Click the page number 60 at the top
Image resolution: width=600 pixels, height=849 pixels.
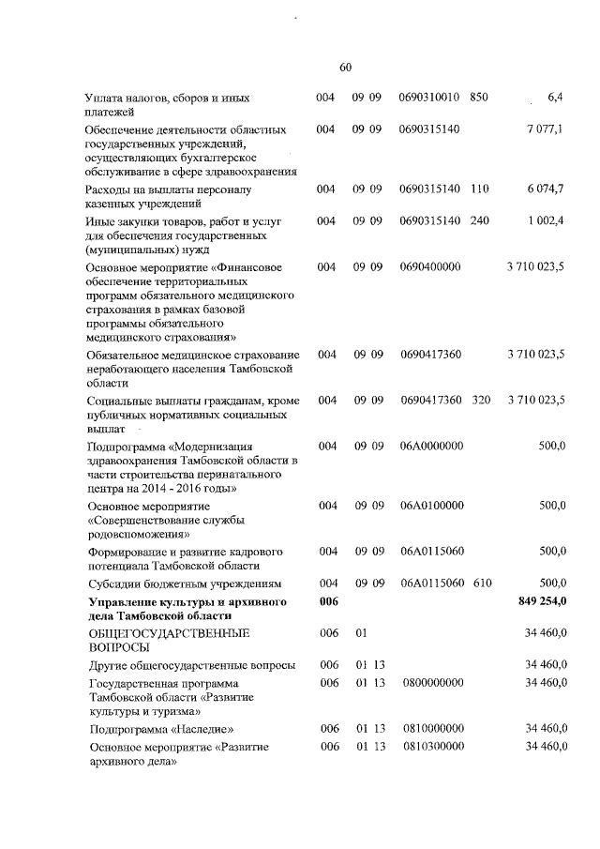344,67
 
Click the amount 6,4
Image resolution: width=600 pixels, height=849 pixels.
554,98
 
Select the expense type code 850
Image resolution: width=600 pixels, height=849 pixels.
479,98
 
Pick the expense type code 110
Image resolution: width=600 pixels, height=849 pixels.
480,190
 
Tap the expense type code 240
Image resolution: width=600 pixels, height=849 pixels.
480,220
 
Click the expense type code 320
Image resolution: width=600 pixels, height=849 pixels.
480,401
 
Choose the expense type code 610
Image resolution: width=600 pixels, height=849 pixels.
482,584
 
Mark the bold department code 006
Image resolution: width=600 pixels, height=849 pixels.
327,601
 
